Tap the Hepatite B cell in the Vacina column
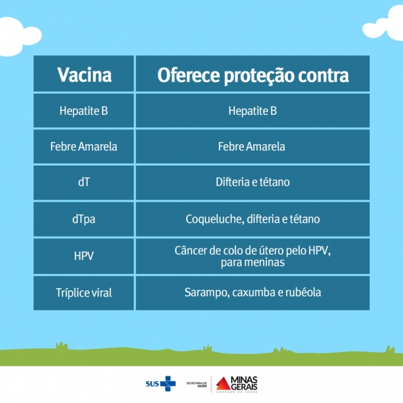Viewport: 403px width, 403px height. [x=84, y=111]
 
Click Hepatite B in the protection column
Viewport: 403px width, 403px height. [x=253, y=111]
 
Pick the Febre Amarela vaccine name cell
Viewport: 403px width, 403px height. [x=84, y=147]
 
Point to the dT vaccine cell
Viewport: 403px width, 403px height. [x=84, y=182]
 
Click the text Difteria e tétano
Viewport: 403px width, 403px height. [x=253, y=182]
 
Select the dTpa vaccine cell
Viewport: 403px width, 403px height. [x=84, y=220]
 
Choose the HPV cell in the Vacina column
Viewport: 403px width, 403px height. [x=84, y=256]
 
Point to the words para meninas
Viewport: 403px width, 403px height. [x=253, y=263]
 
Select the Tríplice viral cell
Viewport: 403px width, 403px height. [x=84, y=293]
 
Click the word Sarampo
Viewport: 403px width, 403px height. [x=207, y=292]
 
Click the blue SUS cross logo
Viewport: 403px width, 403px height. [x=168, y=384]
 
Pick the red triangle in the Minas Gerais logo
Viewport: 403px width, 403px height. [x=223, y=384]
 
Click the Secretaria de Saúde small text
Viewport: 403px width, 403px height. [x=196, y=385]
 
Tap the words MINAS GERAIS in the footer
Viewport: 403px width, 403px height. [x=244, y=383]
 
